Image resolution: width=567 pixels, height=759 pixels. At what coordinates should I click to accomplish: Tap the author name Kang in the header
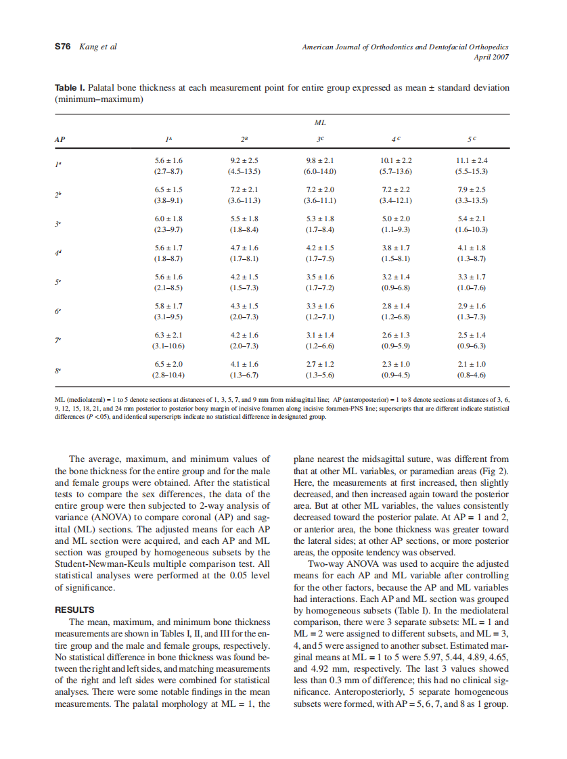pos(89,47)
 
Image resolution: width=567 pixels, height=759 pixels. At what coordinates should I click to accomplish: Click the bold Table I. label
pos(70,89)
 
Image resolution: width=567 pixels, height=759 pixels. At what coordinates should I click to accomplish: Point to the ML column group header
pos(320,123)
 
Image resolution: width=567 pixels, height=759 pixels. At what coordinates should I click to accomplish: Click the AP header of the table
pos(60,139)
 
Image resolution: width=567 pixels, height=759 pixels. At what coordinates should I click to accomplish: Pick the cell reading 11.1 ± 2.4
pos(472,160)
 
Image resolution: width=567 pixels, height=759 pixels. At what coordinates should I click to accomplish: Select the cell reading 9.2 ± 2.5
pos(244,160)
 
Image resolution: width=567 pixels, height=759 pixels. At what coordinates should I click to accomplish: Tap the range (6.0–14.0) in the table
pos(320,171)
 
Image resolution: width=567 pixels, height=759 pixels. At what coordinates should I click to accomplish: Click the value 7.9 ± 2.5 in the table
pos(472,189)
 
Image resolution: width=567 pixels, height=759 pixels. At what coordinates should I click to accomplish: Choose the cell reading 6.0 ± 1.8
pos(168,218)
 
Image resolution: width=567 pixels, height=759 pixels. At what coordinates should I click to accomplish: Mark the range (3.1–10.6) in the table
pos(168,346)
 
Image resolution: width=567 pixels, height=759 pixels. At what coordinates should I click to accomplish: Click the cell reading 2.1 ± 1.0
pos(472,364)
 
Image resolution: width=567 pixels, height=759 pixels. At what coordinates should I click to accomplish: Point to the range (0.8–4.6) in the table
pos(472,374)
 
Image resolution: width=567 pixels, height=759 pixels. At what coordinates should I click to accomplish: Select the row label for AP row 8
pos(58,369)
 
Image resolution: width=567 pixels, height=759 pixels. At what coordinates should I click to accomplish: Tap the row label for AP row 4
pos(58,253)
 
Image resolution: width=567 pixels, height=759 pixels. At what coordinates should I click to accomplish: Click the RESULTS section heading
pos(74,609)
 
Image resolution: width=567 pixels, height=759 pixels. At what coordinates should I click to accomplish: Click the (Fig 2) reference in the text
pos(495,470)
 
